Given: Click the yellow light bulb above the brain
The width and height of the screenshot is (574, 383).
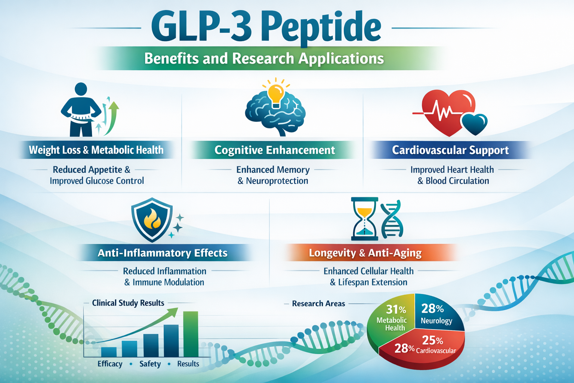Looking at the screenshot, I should [x=276, y=94].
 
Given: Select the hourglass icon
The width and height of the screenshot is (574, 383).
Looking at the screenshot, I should [x=364, y=218].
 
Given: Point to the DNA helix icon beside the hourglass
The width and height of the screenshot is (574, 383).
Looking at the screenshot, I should [x=391, y=219].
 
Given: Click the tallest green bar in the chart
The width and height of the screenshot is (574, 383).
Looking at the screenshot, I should [x=191, y=334].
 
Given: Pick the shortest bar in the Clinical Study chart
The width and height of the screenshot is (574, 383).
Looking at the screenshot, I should [x=109, y=352].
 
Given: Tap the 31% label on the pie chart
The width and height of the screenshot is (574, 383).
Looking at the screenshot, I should [x=396, y=310].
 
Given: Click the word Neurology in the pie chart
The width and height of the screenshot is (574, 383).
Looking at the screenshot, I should [x=436, y=321].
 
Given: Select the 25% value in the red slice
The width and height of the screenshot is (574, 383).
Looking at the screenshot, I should [x=432, y=340].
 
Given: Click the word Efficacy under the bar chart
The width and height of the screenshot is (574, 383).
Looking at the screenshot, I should [x=110, y=364].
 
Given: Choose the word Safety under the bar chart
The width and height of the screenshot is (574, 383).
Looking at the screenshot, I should [x=150, y=364].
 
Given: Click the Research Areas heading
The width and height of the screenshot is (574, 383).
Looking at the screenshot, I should [x=318, y=304].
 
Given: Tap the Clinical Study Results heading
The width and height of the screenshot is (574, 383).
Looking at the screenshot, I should [x=128, y=303].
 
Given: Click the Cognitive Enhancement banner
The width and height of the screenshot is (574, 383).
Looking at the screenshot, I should [x=274, y=150].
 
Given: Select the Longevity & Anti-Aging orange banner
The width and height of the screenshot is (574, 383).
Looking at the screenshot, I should [x=365, y=253].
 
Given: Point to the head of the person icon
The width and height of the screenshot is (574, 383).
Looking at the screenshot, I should [x=81, y=89].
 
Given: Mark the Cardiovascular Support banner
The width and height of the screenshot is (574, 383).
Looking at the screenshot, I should [x=450, y=150].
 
